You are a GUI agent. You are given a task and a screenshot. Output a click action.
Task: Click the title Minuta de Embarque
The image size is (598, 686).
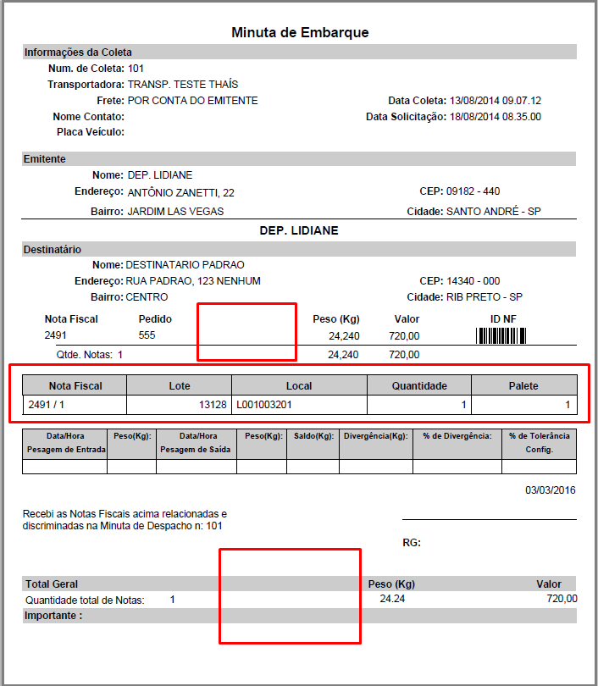[300, 32]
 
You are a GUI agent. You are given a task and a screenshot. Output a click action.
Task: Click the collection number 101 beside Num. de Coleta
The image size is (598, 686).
[136, 68]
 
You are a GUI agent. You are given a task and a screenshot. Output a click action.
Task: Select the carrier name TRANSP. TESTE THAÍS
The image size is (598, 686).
[182, 84]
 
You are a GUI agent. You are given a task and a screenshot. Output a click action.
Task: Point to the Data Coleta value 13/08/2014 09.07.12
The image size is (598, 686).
[496, 100]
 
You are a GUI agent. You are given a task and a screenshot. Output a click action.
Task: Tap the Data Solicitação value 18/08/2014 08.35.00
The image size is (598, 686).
[496, 116]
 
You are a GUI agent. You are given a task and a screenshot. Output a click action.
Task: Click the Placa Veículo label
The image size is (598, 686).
[90, 132]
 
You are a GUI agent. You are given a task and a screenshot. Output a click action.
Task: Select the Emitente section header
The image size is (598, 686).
[45, 158]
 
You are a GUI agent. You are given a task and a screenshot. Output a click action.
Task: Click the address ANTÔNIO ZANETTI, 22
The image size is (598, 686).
[181, 191]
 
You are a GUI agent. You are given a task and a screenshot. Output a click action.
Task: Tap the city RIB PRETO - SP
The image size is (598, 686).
[484, 297]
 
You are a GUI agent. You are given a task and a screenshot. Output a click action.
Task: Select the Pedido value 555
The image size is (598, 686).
[147, 336]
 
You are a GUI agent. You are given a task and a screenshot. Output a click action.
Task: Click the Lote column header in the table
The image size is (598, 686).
[179, 385]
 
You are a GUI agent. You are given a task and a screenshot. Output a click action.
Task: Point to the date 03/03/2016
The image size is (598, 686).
[551, 490]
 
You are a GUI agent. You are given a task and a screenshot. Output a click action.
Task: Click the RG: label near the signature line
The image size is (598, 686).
[411, 543]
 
